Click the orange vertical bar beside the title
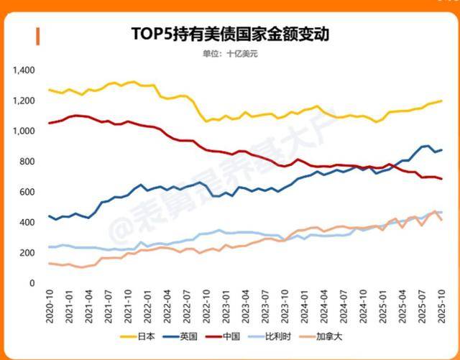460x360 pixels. [37, 35]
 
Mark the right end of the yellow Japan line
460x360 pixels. [441, 101]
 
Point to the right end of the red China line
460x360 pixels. [441, 179]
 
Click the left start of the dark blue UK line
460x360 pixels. [49, 216]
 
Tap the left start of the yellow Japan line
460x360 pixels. [49, 90]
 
